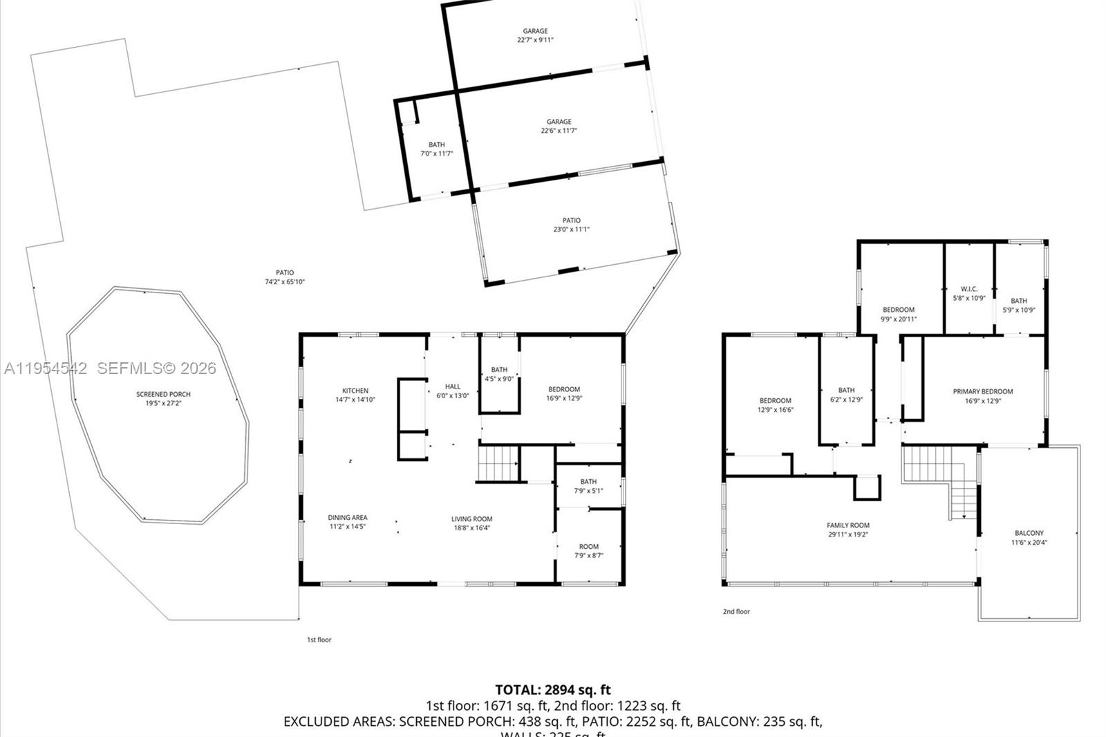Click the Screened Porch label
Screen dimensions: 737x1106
(x=163, y=398)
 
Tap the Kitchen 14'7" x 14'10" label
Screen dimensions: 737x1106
(x=355, y=395)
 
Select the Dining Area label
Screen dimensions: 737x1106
(x=348, y=521)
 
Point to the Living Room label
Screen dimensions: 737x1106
(x=472, y=523)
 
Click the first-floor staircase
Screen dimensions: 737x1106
(x=498, y=463)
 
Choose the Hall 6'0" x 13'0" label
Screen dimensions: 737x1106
(x=453, y=391)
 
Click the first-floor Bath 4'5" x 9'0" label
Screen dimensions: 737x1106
(x=499, y=374)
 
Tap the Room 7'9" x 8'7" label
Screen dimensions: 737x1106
(x=589, y=550)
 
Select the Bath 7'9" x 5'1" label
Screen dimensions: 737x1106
(x=588, y=486)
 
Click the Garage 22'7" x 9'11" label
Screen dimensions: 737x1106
(x=535, y=35)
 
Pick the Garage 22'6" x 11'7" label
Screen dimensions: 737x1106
(x=559, y=126)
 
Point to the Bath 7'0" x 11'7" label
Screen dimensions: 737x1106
(x=437, y=149)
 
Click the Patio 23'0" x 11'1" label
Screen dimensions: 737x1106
(x=571, y=225)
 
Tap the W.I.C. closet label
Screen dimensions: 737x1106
(x=968, y=293)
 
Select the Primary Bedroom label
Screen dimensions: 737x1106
(x=982, y=395)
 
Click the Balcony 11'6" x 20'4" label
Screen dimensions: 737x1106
(x=1029, y=537)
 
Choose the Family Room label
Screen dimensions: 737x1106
(x=848, y=530)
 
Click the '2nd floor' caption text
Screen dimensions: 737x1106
(x=736, y=611)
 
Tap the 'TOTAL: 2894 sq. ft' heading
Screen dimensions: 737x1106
(x=553, y=689)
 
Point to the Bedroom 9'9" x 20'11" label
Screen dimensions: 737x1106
(x=898, y=314)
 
